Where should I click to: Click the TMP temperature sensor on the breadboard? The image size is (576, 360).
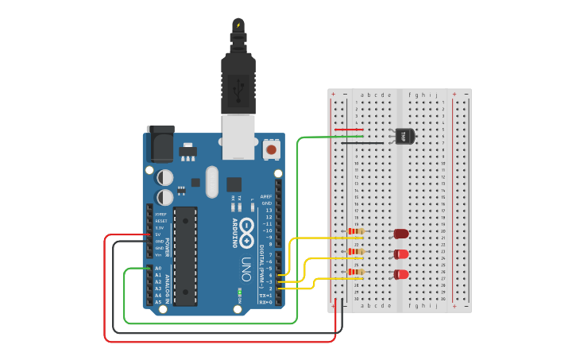(404, 136)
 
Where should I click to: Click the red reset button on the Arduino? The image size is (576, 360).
(272, 149)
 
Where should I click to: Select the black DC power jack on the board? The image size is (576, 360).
(161, 146)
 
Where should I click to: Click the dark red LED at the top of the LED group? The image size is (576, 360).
(401, 234)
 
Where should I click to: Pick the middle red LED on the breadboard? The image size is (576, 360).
(402, 254)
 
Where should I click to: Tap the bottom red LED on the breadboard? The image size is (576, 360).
(402, 274)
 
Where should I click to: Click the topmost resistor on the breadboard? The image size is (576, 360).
(356, 233)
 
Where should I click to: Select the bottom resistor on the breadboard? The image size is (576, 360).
(356, 273)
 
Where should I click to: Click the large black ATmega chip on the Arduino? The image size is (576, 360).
(185, 256)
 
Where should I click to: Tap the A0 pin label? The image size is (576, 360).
(157, 269)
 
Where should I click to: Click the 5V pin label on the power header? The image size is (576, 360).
(160, 234)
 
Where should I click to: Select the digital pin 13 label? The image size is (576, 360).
(268, 210)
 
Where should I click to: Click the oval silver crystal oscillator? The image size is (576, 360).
(211, 181)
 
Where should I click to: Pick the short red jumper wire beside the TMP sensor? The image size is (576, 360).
(350, 130)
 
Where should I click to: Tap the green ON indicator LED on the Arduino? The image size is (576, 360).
(239, 292)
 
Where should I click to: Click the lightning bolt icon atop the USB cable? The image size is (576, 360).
(238, 25)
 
